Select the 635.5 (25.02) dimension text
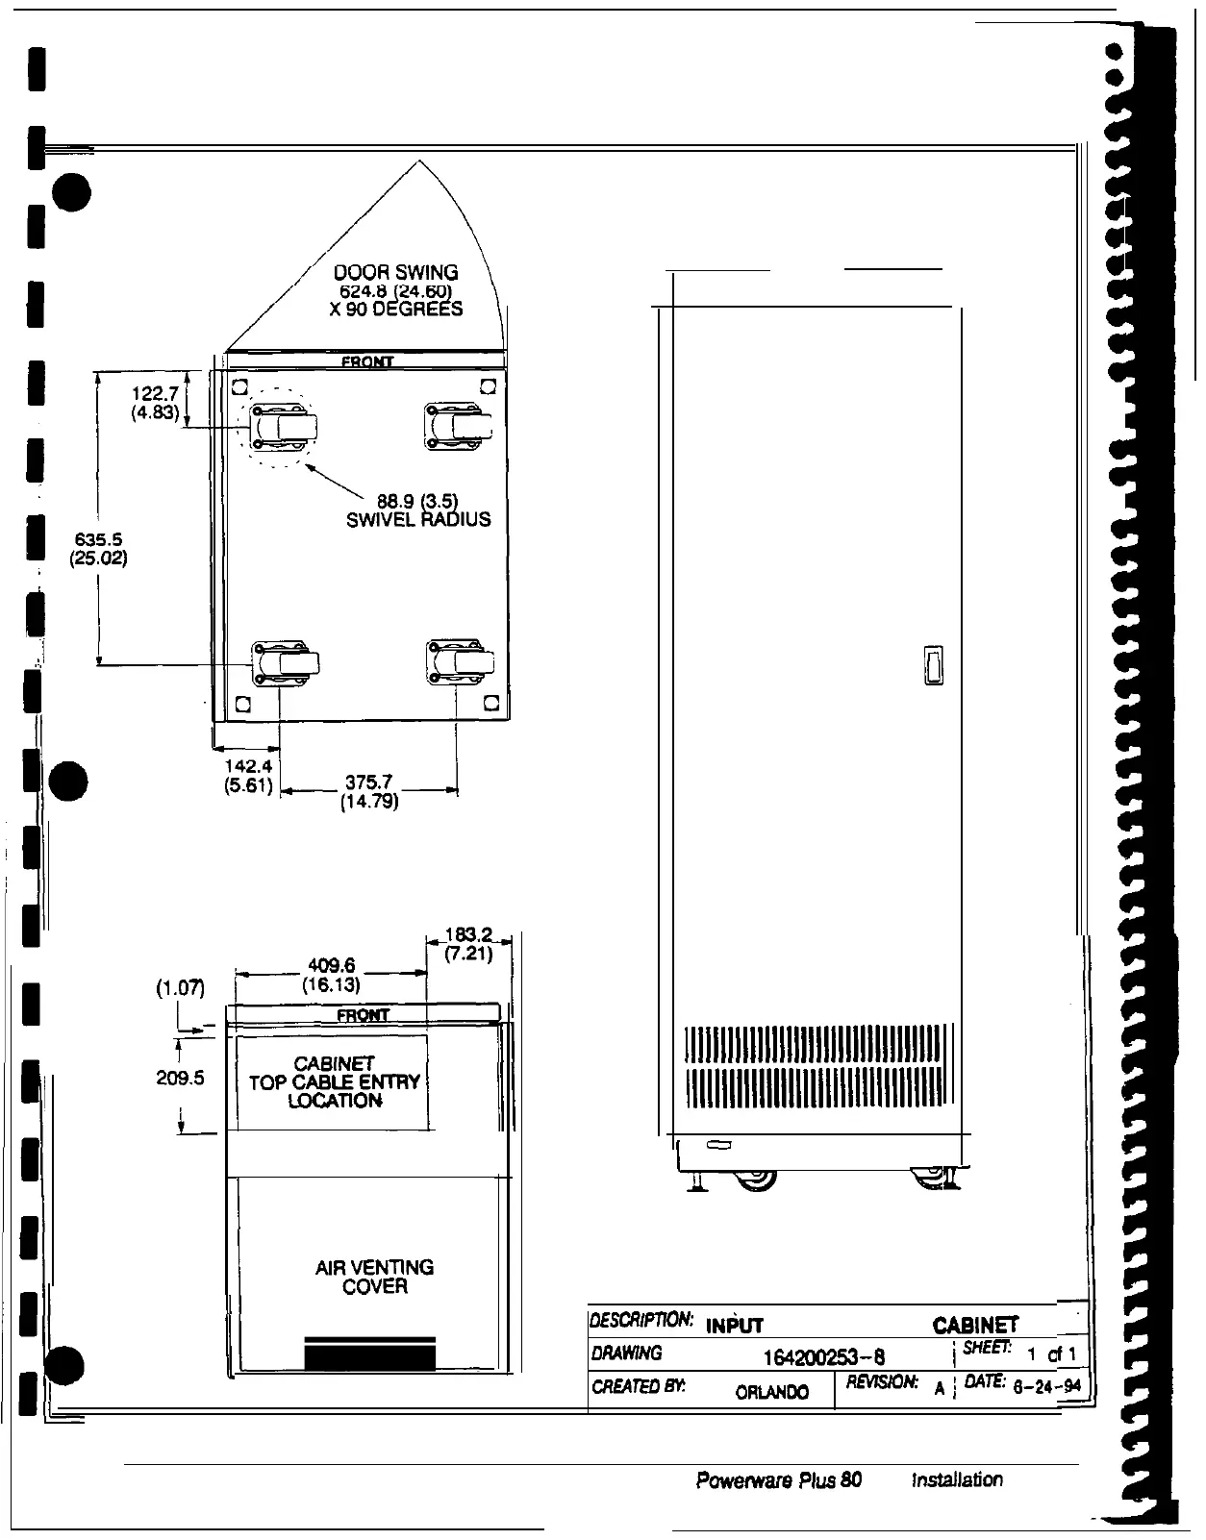(99, 548)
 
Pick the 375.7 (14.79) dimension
(369, 791)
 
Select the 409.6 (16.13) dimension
(332, 974)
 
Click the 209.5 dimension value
(180, 1079)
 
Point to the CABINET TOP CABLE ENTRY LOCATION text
(334, 1082)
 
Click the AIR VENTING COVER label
(374, 1277)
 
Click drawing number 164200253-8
(823, 1356)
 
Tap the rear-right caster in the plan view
(461, 662)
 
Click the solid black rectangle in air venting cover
(369, 1354)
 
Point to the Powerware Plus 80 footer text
(778, 1479)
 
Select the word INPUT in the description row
(735, 1326)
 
